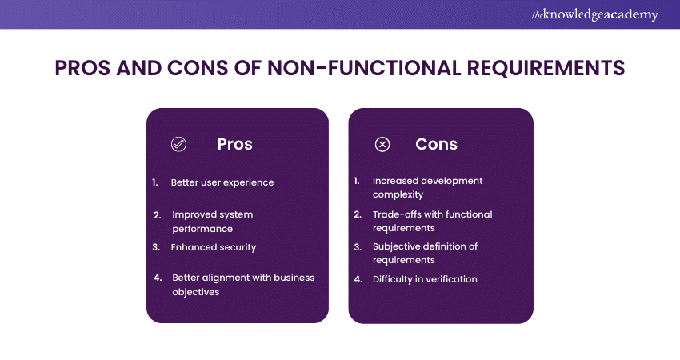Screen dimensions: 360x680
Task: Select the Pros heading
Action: [x=234, y=144]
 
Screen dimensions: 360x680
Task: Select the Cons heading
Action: [x=436, y=144]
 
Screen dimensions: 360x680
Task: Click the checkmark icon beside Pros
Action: [x=178, y=145]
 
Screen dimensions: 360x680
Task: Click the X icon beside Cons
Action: [x=382, y=145]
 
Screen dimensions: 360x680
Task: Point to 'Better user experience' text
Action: [x=222, y=182]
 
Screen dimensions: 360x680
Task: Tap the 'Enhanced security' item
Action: [x=214, y=247]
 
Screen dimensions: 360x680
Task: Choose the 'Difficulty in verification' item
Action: [x=425, y=279]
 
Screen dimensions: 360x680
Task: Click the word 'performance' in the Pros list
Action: [x=202, y=229]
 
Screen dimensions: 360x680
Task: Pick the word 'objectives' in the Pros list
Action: [x=196, y=292]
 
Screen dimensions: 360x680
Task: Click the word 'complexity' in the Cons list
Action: [x=398, y=194]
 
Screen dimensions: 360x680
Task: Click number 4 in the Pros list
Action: [x=157, y=278]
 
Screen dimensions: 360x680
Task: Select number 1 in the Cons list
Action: [x=357, y=181]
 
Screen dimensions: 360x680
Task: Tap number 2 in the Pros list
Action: [x=157, y=214]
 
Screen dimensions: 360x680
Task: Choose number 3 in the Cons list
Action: [x=358, y=246]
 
